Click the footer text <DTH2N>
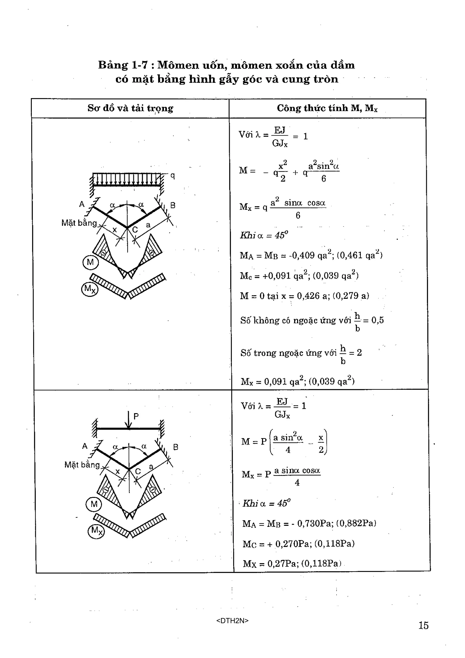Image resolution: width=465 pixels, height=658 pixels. (232, 621)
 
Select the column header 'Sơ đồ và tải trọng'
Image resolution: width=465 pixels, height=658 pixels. (130, 108)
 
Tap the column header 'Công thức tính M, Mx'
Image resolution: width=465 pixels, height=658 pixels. (327, 108)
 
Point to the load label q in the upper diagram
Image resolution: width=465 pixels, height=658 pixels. (173, 175)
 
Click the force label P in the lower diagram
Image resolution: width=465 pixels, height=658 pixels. (136, 416)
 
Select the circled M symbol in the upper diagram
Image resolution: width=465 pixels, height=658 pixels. (90, 262)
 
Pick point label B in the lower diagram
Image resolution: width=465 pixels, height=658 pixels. (176, 447)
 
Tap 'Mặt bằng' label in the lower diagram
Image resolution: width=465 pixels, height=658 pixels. (82, 464)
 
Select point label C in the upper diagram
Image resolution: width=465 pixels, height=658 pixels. (135, 230)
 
